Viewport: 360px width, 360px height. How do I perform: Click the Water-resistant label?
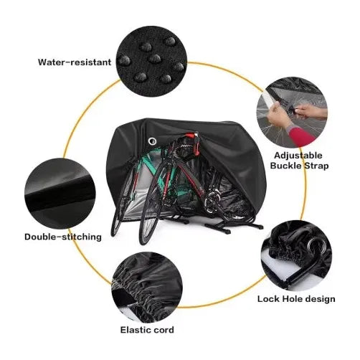tap(75, 62)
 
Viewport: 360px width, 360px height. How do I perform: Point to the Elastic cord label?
tap(146, 331)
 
